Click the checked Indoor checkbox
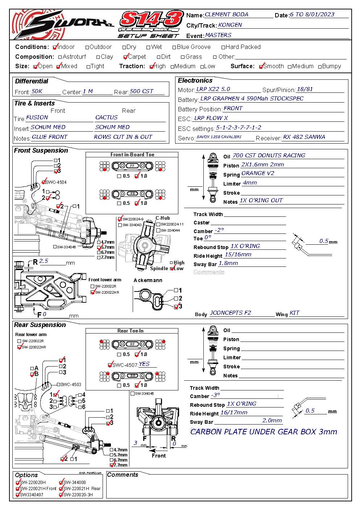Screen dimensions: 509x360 click(x=55, y=47)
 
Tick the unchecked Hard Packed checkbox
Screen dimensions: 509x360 click(x=223, y=47)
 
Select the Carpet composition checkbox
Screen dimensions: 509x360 click(x=125, y=57)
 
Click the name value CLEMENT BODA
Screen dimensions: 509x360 click(x=227, y=15)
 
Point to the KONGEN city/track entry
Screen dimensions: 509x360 click(x=230, y=25)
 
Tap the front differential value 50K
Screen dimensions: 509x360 click(x=37, y=91)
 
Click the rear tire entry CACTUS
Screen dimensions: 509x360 click(x=106, y=117)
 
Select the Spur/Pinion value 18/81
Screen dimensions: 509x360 click(x=305, y=89)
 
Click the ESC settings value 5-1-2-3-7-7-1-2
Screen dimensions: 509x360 click(x=239, y=128)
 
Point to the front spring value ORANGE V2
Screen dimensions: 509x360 click(x=258, y=173)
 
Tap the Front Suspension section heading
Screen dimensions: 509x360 click(x=41, y=150)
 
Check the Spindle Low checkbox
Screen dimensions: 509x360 click(x=172, y=269)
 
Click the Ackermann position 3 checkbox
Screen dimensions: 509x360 click(x=176, y=307)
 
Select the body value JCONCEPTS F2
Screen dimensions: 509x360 click(x=231, y=313)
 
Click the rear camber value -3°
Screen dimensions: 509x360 click(x=216, y=395)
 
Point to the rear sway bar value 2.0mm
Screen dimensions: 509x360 click(x=272, y=421)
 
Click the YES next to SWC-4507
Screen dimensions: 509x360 click(x=144, y=364)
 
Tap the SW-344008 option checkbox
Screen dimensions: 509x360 click(x=61, y=483)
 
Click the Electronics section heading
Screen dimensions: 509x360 click(x=195, y=80)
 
